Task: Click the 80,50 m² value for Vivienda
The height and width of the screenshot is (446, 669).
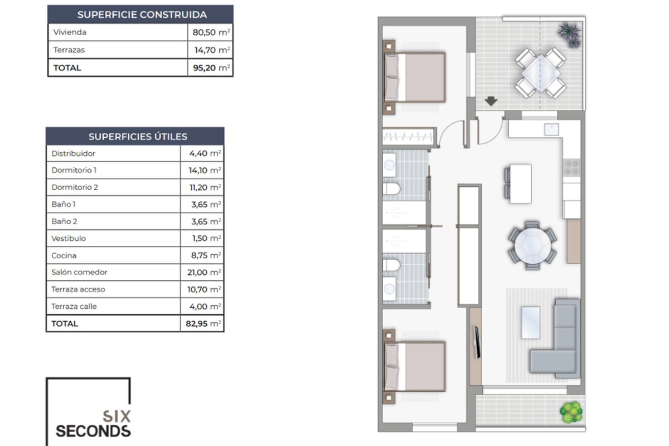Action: [x=211, y=32]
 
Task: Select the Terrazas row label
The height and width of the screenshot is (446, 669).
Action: [x=69, y=50]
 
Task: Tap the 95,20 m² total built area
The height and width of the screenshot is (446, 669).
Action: [x=211, y=68]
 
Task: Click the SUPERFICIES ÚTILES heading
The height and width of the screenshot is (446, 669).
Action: [x=138, y=137]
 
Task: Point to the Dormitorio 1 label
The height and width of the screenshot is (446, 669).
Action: [x=74, y=170]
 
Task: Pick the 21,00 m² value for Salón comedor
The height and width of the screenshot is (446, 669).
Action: [x=204, y=273]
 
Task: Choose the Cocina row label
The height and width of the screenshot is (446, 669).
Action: [x=64, y=256]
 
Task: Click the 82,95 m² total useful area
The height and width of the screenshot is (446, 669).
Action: [x=203, y=323]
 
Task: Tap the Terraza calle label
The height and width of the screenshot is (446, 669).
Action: [x=74, y=307]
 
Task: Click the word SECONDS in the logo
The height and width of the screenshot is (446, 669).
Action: [x=93, y=432]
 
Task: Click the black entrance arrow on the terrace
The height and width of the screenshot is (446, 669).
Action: [x=491, y=101]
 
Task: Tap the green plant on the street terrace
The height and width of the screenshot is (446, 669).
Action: [x=571, y=412]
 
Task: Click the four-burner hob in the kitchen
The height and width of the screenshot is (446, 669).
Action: [x=572, y=168]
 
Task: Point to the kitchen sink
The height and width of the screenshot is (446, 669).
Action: [x=551, y=130]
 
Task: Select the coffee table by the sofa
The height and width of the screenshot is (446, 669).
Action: [x=531, y=323]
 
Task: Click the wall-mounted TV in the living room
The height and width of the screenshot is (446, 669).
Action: [x=477, y=342]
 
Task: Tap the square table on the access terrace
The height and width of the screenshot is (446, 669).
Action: [x=541, y=73]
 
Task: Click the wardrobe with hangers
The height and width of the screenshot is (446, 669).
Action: [x=408, y=137]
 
